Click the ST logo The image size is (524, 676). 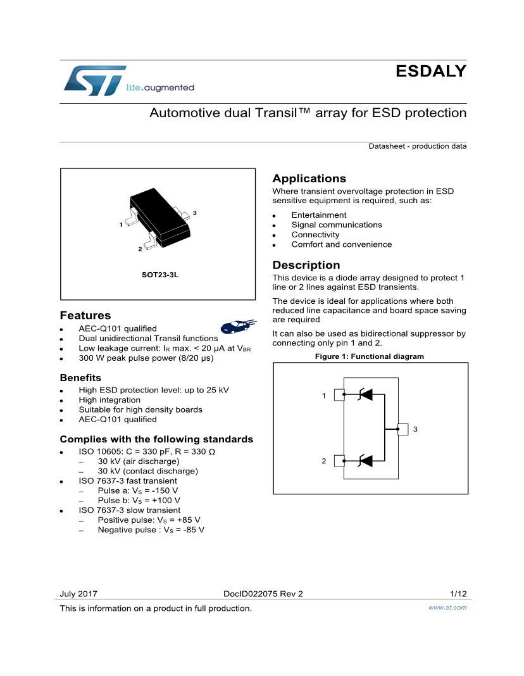coord(95,80)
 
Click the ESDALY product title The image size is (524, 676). coord(431,72)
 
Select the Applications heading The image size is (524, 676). coord(309,178)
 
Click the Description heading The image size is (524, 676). coord(306,265)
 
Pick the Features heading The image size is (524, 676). coord(85,315)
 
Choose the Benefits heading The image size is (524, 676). coord(80,378)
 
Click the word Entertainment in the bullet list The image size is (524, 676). coord(318,215)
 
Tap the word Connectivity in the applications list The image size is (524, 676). coord(315,235)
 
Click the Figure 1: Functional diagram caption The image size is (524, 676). coord(370,356)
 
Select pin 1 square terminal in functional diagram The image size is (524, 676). coord(339,395)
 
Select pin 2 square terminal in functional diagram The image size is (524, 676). coord(339,461)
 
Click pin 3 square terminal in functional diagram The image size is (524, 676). coord(402,429)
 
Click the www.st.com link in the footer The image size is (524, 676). coord(447,608)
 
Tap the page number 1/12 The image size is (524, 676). coord(458,594)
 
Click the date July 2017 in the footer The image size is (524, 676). coord(78,594)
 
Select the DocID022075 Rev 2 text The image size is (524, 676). coord(263,594)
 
